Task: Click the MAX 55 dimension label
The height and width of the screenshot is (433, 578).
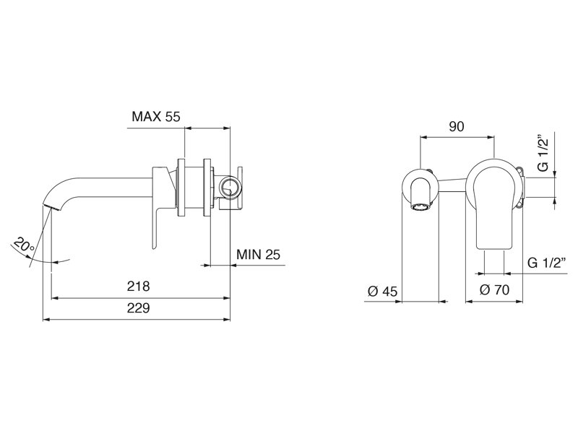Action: [x=156, y=117]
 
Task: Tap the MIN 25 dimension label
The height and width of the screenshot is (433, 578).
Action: [x=258, y=254]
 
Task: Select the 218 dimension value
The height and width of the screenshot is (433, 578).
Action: [x=138, y=286]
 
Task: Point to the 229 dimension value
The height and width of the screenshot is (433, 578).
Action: [x=138, y=308]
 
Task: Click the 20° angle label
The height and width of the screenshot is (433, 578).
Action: [x=24, y=245]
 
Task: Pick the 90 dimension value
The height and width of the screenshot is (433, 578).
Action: [x=457, y=126]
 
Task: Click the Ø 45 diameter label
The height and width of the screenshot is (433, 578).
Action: [x=383, y=292]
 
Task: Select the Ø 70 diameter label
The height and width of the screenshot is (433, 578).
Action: [x=494, y=290]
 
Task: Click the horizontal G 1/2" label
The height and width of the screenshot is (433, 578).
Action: [x=547, y=263]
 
